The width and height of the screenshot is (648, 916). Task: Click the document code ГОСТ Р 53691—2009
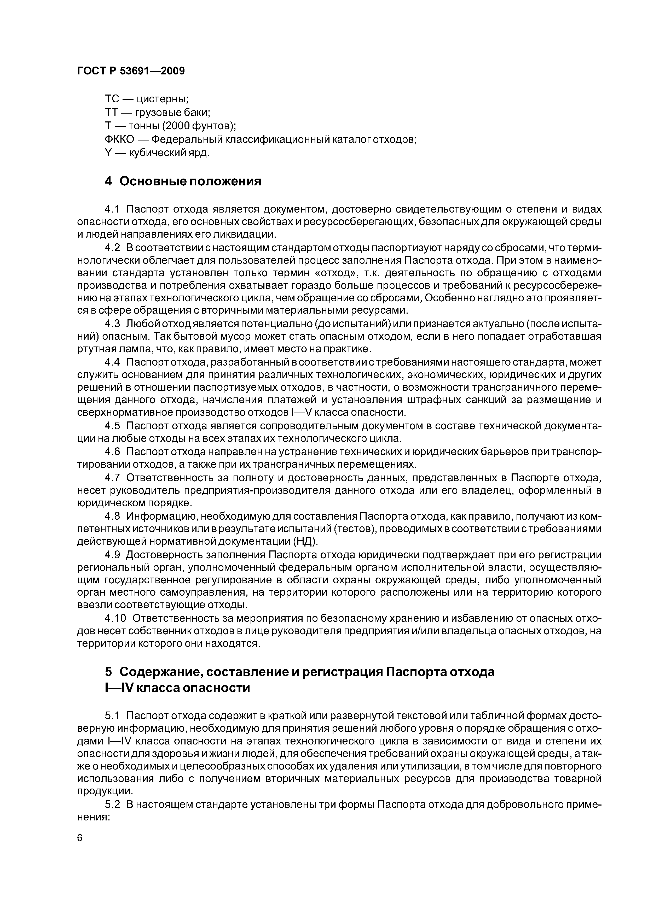(x=131, y=71)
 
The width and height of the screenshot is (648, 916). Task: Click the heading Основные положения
(x=190, y=181)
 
